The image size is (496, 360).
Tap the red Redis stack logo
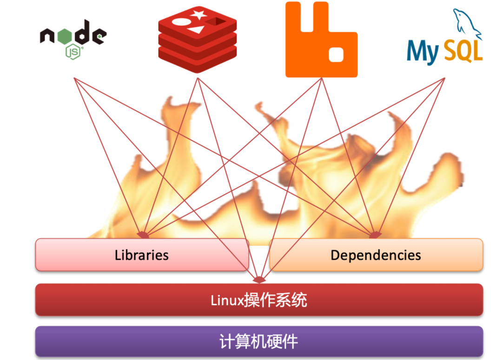point(198,39)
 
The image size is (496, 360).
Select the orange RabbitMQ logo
point(321,39)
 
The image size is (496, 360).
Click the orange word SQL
point(463,51)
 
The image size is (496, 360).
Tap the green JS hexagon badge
point(73,52)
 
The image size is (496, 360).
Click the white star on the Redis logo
point(198,14)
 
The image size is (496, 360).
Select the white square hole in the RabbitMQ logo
point(336,55)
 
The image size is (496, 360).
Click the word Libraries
point(141,255)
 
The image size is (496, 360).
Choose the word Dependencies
point(376,255)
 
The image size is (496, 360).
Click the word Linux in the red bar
point(227,300)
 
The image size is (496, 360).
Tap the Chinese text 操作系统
point(276,300)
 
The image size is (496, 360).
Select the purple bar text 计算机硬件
point(259,341)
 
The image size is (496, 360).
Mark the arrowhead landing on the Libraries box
point(143,235)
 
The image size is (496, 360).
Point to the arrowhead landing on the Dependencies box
point(375,235)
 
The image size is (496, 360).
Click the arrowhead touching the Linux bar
point(259,280)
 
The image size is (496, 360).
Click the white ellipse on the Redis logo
point(181,22)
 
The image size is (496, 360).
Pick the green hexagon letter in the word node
point(65,36)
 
